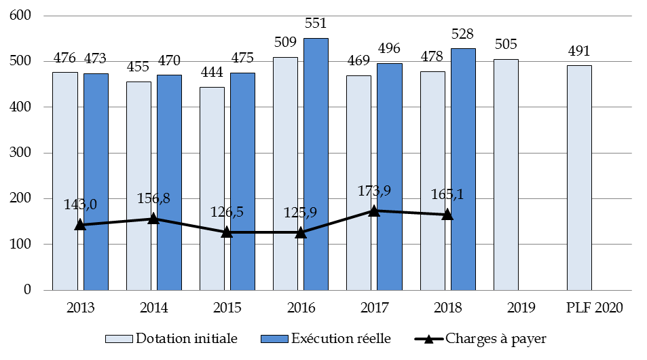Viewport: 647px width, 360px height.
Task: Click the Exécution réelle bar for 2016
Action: click(x=316, y=164)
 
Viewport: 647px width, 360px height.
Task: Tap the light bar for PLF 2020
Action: click(x=579, y=177)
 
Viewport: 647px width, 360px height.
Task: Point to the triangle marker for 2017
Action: click(x=374, y=211)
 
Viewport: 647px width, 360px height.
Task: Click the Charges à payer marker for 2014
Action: click(x=153, y=218)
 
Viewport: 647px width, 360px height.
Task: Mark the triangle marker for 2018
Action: click(x=447, y=215)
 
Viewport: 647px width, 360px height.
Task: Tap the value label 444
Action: click(x=212, y=75)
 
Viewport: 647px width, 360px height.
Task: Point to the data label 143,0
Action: click(x=80, y=204)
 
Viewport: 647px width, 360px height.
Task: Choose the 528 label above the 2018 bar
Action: click(x=462, y=34)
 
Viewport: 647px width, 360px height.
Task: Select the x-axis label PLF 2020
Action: click(x=595, y=308)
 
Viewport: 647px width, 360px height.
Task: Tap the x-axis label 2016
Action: click(x=301, y=308)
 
